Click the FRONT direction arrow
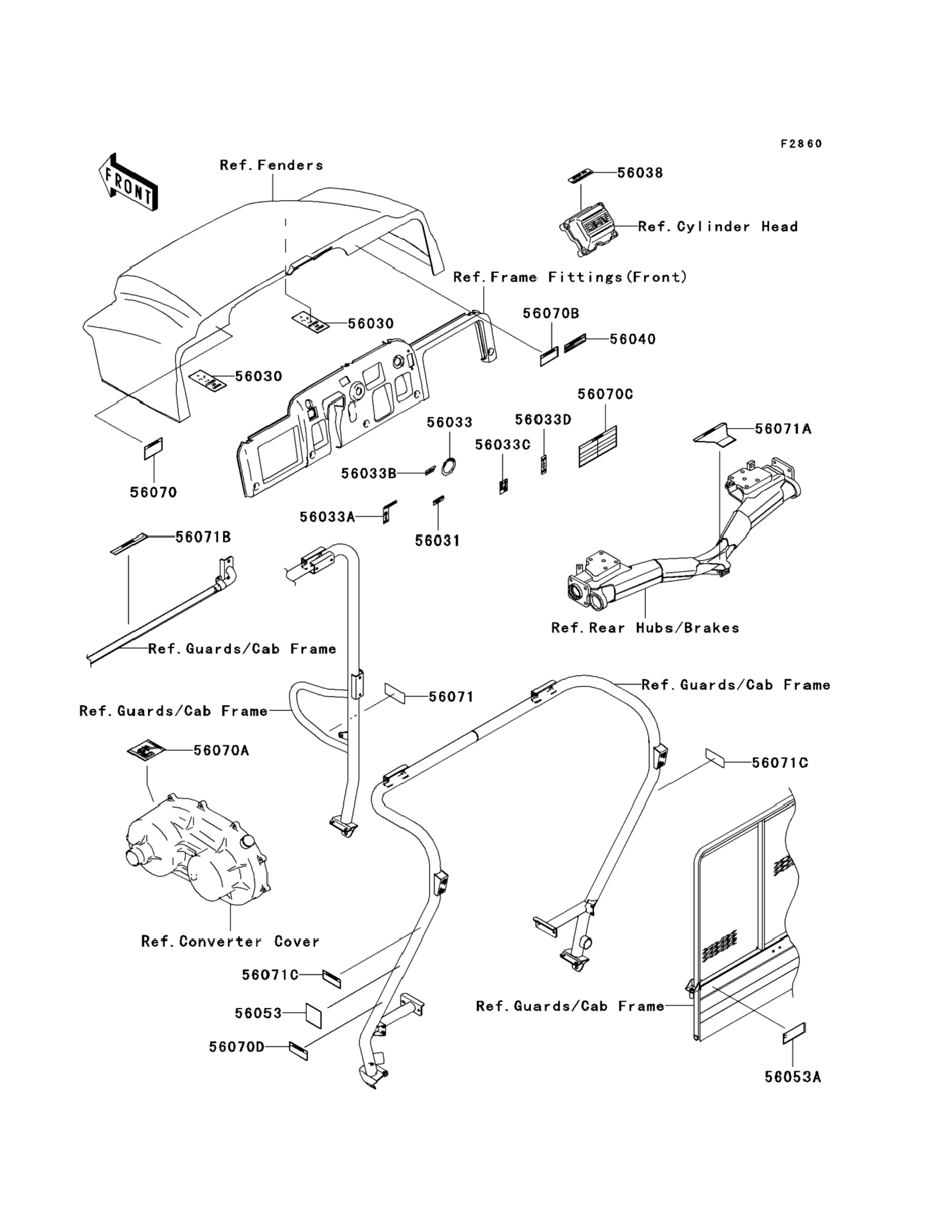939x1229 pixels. [x=128, y=183]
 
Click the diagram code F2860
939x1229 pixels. [x=802, y=144]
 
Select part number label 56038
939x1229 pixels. [x=640, y=173]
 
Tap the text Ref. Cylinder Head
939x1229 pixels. [x=718, y=227]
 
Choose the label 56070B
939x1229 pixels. [x=551, y=313]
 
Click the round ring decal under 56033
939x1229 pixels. [x=449, y=466]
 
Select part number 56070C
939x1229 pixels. [x=605, y=394]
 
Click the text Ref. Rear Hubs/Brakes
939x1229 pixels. [x=645, y=628]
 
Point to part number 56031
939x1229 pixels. [x=437, y=541]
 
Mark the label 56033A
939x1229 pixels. [x=327, y=517]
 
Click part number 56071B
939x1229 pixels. [x=203, y=537]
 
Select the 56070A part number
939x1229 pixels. [x=221, y=750]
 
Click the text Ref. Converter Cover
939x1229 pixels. [x=230, y=941]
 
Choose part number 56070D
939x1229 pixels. [x=236, y=1047]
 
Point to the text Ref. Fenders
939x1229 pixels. [x=271, y=165]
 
